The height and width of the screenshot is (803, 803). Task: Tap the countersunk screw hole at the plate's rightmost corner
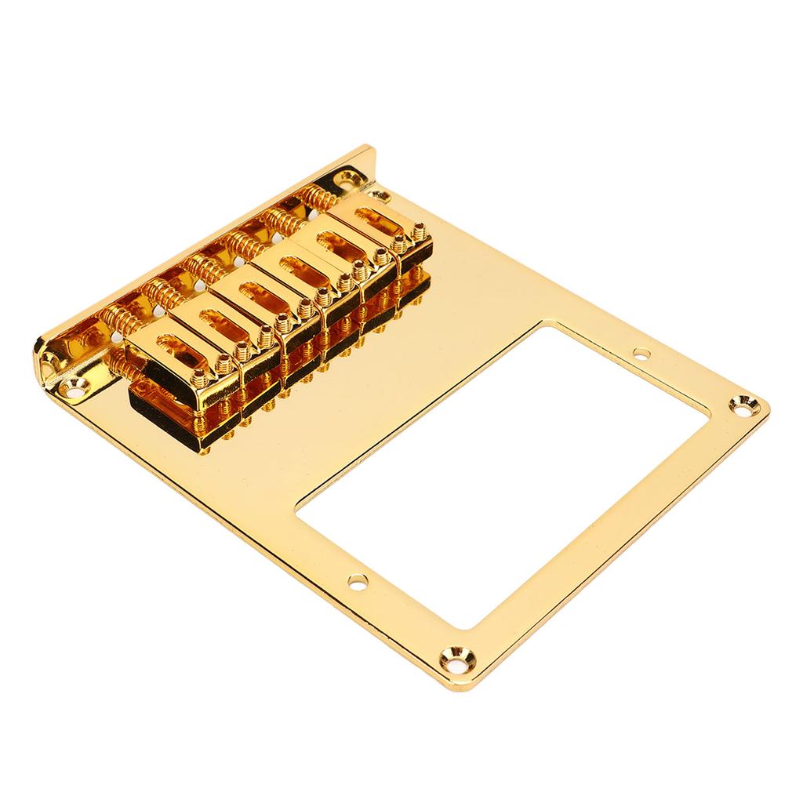739,405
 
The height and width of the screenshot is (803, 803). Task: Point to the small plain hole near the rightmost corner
642,354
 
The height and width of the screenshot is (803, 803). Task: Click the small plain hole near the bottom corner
358,581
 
